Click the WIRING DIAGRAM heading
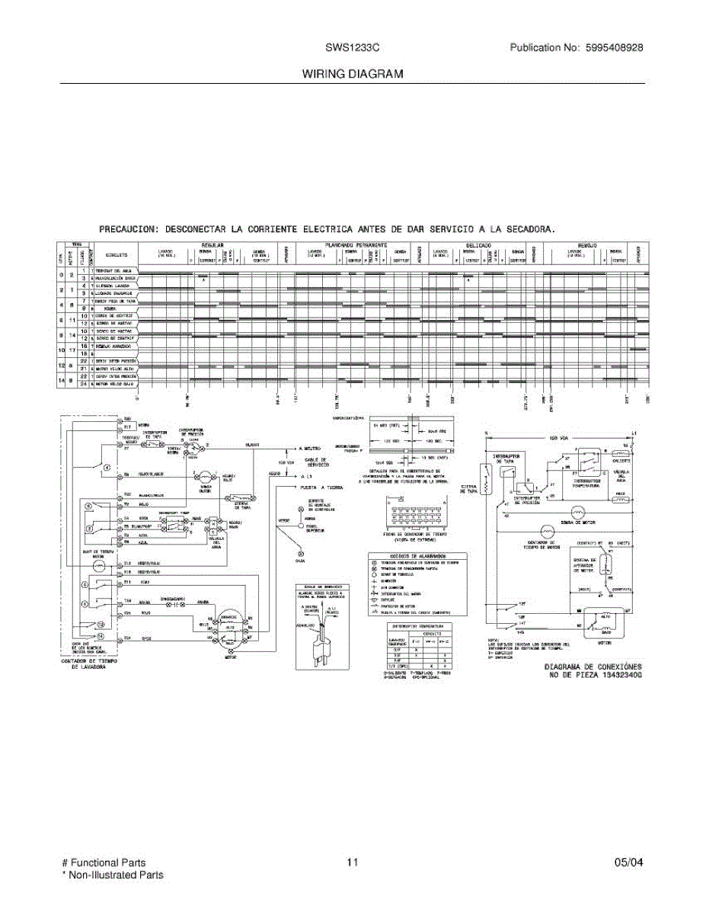click(353, 74)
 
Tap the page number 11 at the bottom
click(352, 863)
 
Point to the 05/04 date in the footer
click(628, 863)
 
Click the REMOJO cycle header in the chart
click(587, 244)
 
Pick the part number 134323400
click(617, 675)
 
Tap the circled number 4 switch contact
click(107, 467)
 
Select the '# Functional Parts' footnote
click(104, 863)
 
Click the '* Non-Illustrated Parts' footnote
click(112, 875)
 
